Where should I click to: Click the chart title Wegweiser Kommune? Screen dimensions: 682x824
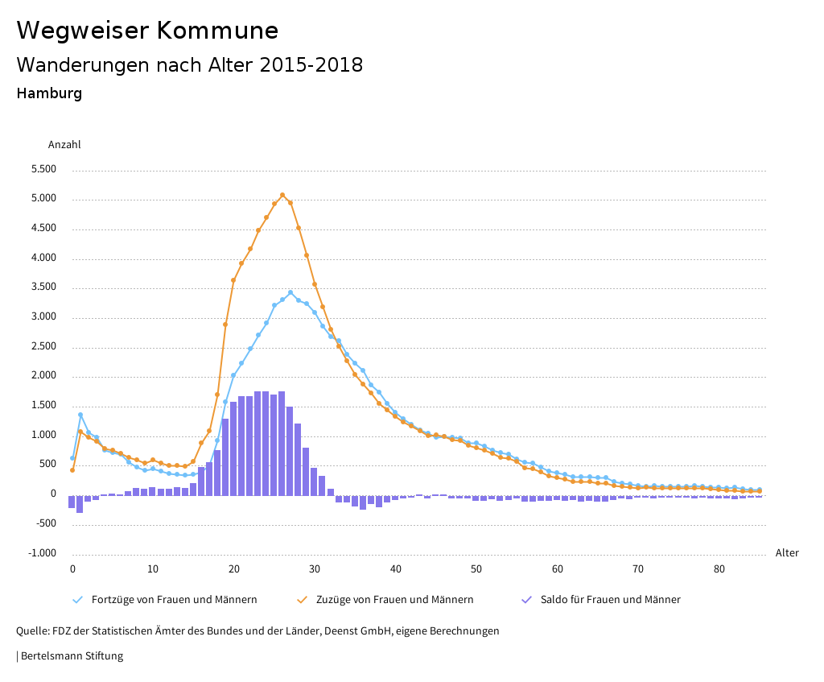tap(147, 31)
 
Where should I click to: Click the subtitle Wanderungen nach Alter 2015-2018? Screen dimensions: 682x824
tap(189, 65)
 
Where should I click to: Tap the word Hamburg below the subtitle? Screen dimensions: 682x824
tap(49, 93)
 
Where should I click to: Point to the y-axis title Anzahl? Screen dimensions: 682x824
tap(64, 145)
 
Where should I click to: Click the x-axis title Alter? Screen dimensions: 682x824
tap(787, 553)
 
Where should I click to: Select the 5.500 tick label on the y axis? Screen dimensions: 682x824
tap(43, 170)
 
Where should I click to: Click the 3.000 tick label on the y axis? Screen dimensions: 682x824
tap(43, 317)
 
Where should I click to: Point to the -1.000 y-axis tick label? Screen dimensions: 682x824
tap(42, 553)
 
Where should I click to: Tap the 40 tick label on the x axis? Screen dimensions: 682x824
tap(396, 569)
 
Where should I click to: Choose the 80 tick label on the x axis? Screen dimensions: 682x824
tap(719, 569)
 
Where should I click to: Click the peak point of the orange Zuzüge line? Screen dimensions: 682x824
tap(282, 195)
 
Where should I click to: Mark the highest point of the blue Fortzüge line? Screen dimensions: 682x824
tap(290, 292)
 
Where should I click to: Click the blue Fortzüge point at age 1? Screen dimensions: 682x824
tap(80, 415)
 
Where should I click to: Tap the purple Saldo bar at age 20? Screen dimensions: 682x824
tap(234, 448)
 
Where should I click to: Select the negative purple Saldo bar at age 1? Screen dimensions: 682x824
tap(80, 504)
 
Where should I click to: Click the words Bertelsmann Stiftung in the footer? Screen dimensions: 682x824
tap(72, 656)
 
